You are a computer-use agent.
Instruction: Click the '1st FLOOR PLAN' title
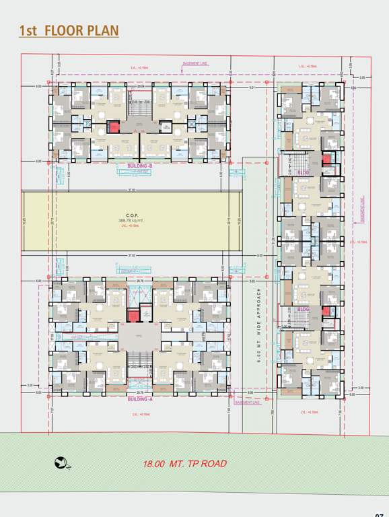69,31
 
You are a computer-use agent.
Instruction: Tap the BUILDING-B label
140,165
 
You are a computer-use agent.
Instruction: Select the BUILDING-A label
140,400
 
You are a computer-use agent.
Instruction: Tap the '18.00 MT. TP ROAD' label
184,464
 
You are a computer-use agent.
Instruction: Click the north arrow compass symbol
62,462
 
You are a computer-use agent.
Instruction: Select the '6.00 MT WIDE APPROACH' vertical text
258,323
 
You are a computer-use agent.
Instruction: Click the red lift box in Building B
114,125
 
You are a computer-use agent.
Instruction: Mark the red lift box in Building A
133,314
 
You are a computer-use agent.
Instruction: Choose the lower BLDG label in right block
303,309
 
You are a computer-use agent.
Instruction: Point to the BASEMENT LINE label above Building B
195,63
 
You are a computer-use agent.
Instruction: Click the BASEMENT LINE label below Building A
247,403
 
